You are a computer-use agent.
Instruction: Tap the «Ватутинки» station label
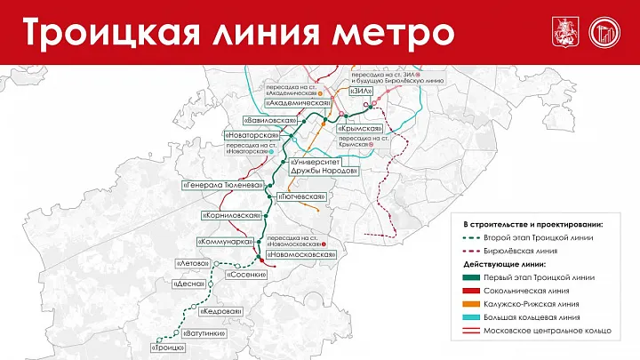pos(202,333)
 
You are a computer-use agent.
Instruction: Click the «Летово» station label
pos(192,264)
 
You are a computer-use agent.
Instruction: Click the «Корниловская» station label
pos(232,215)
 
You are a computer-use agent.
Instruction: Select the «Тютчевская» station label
pos(302,196)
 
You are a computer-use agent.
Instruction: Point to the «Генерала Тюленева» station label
pos(222,186)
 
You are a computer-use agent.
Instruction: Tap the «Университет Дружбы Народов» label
pos(323,166)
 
